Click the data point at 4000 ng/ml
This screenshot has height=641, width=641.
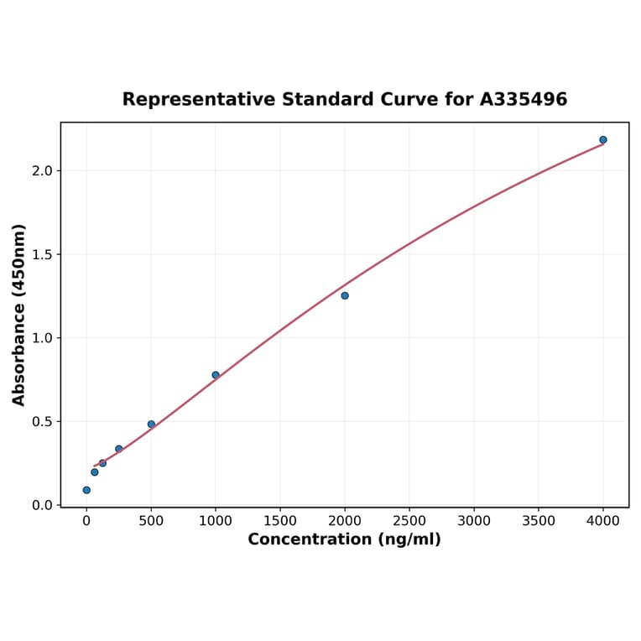(603, 140)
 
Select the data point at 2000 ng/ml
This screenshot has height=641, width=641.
(345, 295)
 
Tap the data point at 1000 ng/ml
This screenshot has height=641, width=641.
(216, 375)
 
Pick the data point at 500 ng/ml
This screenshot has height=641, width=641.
(151, 425)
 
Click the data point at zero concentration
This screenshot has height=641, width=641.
(86, 490)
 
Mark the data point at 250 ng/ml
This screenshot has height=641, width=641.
(119, 449)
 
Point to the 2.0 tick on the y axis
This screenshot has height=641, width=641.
(42, 171)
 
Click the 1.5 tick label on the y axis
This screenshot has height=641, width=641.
(42, 254)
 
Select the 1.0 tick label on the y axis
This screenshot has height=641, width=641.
(42, 338)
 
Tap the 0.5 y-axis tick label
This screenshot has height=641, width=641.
(42, 421)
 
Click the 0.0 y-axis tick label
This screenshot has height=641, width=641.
(42, 505)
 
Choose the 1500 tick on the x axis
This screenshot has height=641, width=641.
(280, 521)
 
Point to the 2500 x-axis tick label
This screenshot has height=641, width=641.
(409, 521)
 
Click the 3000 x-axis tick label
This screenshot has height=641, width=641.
(474, 521)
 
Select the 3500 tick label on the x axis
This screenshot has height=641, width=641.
(539, 521)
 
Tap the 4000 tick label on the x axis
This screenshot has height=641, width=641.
(603, 521)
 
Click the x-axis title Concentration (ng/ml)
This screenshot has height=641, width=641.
(344, 539)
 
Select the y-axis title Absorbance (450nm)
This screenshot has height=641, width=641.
(19, 315)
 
